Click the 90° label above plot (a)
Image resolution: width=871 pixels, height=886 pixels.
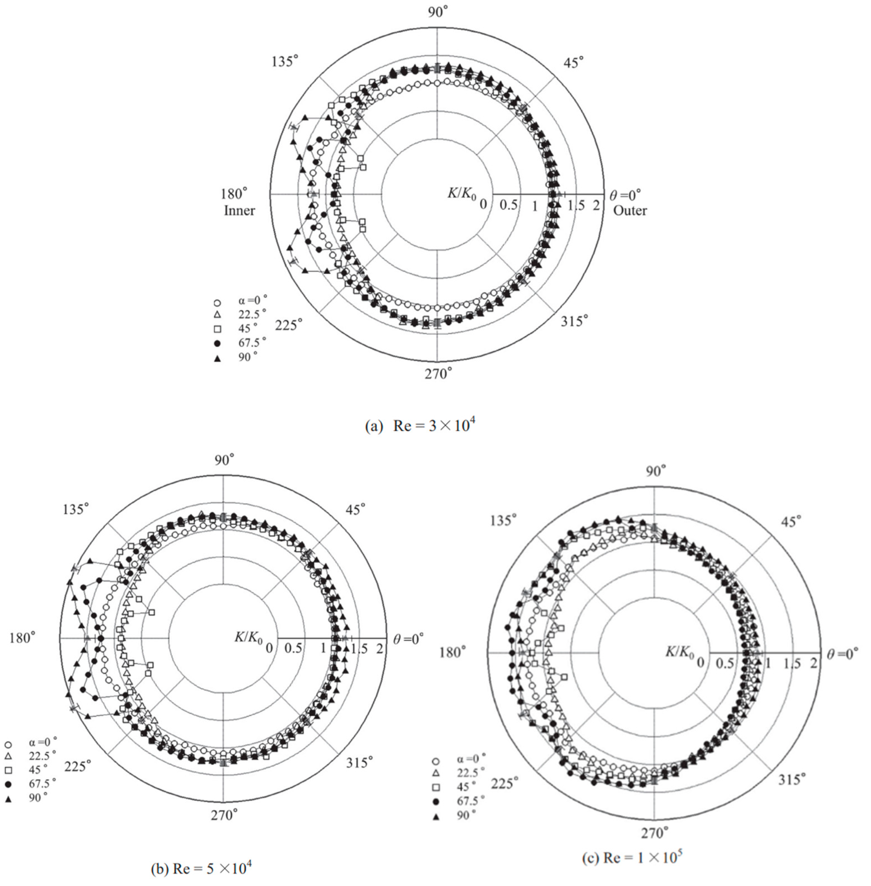tap(438, 12)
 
